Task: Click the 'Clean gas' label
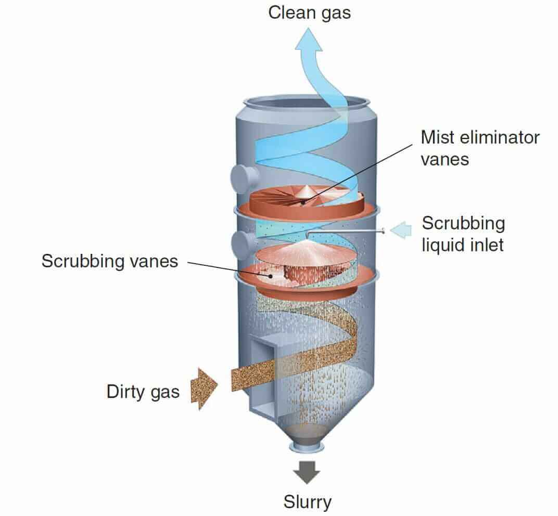click(309, 12)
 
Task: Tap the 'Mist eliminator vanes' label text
click(479, 148)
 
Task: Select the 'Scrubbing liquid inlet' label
click(463, 234)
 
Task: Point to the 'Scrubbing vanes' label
click(109, 261)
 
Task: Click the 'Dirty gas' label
click(143, 391)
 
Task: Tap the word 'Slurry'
click(307, 502)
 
